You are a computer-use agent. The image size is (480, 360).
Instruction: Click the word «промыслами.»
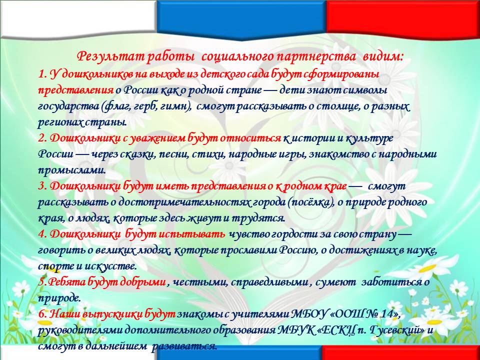pos(72,170)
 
